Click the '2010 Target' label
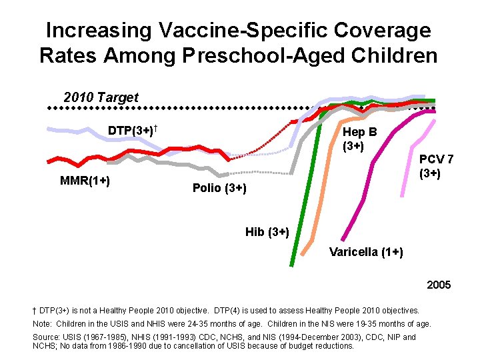[x=101, y=98]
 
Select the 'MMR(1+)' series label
[x=85, y=181]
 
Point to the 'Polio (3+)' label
[x=219, y=189]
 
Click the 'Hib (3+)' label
[x=267, y=232]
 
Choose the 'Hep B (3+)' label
[x=359, y=139]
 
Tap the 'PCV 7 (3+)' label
[x=437, y=167]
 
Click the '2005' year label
[x=439, y=285]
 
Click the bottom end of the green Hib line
[x=291, y=265]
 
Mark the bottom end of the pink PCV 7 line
[x=402, y=195]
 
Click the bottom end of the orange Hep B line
[x=304, y=254]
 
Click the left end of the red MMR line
[x=48, y=161]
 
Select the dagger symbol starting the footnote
[x=35, y=311]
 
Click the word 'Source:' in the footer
[x=45, y=337]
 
